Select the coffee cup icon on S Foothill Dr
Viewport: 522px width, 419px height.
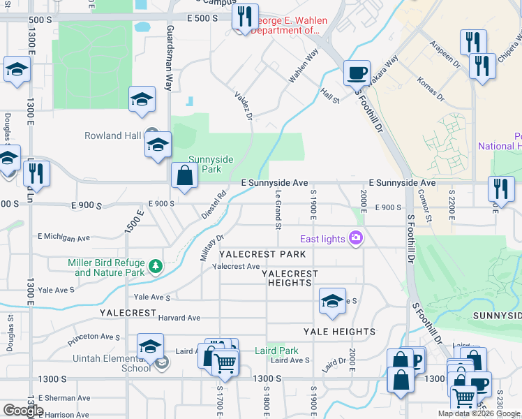[x=358, y=72]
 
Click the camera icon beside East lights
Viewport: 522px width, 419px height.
[x=357, y=239]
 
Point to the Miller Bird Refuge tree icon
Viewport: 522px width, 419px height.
[x=155, y=267]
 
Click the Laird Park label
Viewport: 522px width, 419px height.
[x=276, y=351]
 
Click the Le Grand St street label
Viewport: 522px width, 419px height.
[x=278, y=209]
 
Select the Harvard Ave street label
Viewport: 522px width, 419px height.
[x=179, y=318]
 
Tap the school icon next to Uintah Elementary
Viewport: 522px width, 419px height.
[x=151, y=346]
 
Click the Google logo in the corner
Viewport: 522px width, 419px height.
[x=23, y=411]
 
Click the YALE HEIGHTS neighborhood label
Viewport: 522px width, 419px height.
[x=339, y=332]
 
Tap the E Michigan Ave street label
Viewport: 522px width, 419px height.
[x=66, y=237]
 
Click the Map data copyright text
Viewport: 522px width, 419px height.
[x=479, y=413]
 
